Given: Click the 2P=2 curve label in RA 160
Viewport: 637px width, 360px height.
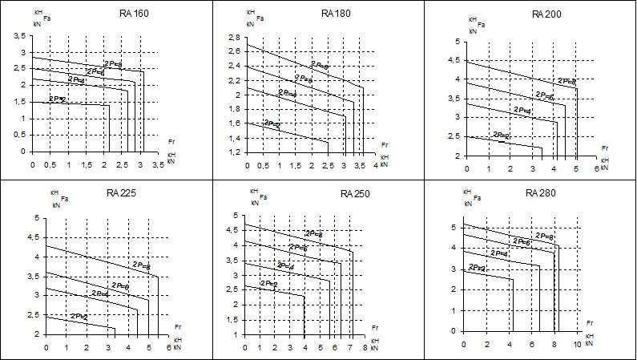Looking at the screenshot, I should click(58, 99).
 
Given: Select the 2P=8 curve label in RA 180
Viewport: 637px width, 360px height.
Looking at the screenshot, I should click(321, 66).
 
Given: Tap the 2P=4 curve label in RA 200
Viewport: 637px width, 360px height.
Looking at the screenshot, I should click(523, 110).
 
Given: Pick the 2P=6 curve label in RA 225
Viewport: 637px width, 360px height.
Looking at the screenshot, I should click(120, 285).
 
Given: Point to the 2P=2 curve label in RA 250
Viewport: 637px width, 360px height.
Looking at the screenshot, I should click(268, 285).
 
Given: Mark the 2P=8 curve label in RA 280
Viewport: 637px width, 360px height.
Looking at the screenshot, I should click(545, 237).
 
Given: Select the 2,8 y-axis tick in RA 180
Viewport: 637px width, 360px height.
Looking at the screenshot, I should click(234, 38).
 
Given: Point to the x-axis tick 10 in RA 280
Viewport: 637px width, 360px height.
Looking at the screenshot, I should click(576, 343).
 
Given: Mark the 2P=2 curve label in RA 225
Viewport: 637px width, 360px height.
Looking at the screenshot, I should click(79, 317).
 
